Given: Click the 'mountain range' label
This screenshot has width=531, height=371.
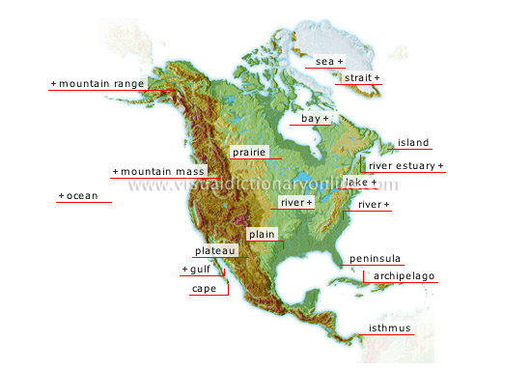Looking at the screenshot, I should click(100, 84).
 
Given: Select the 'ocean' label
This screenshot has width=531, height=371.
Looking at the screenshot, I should click(81, 196).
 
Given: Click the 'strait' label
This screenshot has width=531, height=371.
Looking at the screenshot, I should click(359, 77).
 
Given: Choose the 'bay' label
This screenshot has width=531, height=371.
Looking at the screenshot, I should click(311, 119).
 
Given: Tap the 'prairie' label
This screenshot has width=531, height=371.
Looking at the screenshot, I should click(249, 153).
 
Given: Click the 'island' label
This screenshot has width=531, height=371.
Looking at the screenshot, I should click(413, 143).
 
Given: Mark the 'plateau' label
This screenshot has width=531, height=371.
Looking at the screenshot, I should click(213, 251).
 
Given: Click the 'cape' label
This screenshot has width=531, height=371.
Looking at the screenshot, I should click(204, 289).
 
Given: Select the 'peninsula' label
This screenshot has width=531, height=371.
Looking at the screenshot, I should click(375, 260).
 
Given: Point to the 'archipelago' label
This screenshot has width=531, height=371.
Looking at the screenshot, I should click(405, 276).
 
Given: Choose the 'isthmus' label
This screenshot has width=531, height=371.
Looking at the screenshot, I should click(390, 328).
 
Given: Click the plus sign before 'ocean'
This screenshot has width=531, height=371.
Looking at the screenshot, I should click(61, 196).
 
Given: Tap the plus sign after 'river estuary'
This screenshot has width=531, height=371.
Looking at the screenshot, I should click(441, 166).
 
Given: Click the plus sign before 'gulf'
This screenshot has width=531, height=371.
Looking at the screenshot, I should click(183, 271).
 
